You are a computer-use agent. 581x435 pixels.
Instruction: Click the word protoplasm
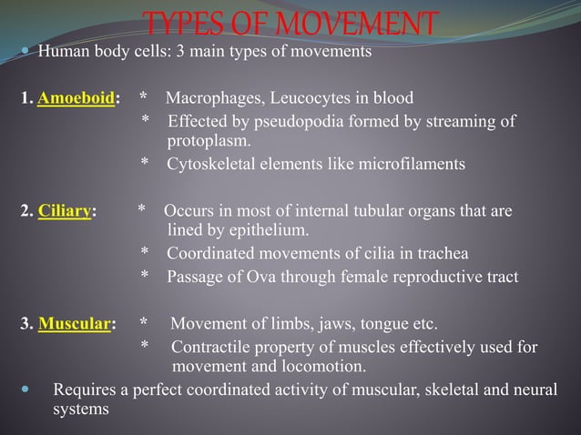click(208, 141)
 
